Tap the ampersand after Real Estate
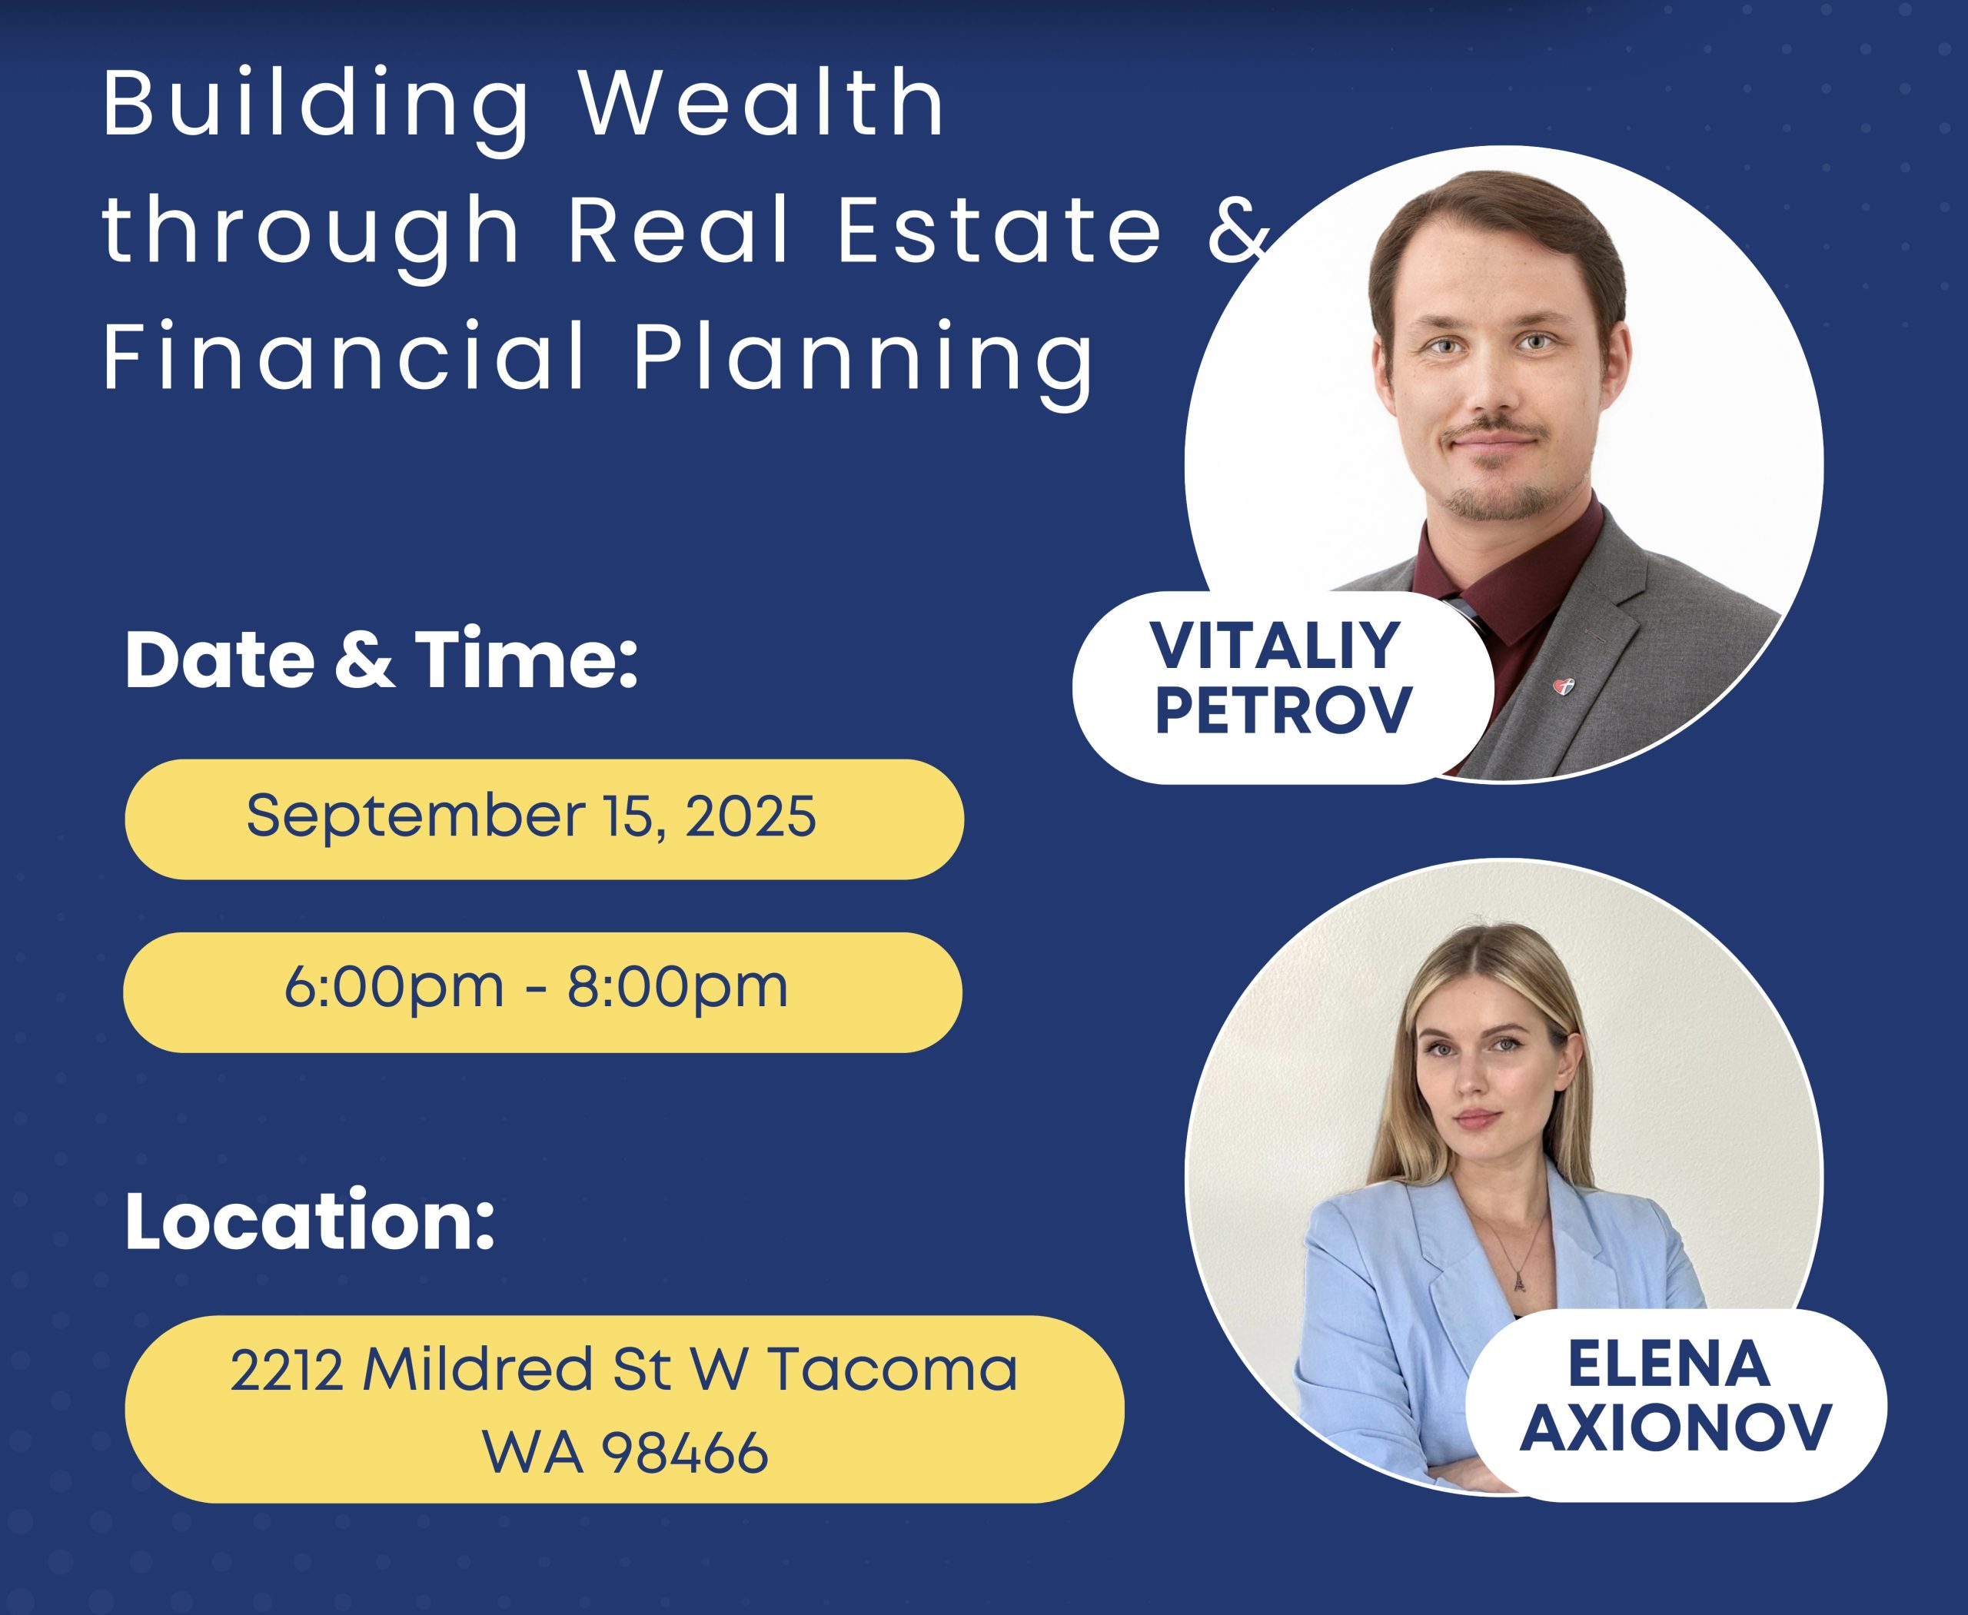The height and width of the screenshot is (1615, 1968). coord(1238,229)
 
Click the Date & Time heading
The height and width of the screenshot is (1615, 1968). coord(381,660)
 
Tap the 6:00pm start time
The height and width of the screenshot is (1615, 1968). coord(394,988)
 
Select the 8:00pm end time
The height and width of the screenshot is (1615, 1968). coord(677,988)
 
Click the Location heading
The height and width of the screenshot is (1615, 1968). coord(310,1221)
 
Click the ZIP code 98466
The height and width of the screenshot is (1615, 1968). coord(685,1451)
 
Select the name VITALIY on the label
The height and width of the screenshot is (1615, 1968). coord(1275,645)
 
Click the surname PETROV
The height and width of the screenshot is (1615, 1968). coord(1283,711)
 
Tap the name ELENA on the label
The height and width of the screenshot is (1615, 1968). coord(1668,1364)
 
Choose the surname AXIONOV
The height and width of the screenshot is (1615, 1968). coord(1676,1428)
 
